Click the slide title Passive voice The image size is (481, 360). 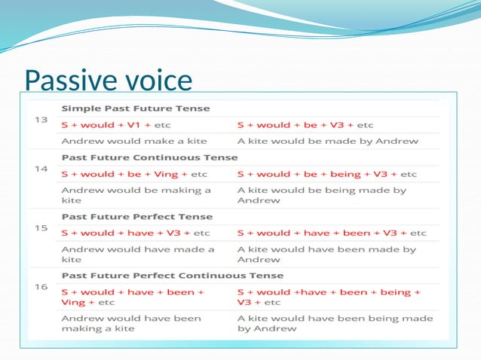108,79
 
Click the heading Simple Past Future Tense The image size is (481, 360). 136,108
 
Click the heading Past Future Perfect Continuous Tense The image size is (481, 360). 173,275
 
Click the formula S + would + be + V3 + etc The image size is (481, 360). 305,124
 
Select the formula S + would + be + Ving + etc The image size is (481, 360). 134,174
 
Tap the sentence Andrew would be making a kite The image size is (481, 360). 136,196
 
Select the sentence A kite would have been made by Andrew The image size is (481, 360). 326,254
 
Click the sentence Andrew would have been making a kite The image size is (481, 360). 131,323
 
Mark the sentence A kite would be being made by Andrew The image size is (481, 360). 322,196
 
